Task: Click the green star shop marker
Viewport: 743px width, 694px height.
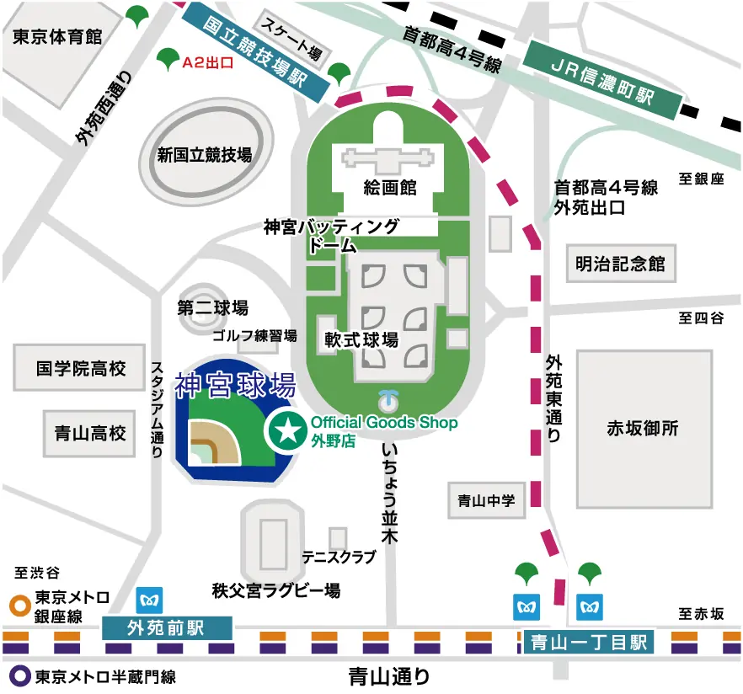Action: pyautogui.click(x=286, y=431)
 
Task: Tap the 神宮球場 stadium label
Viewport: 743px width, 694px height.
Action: pyautogui.click(x=235, y=386)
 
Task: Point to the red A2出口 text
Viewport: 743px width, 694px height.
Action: pyautogui.click(x=208, y=61)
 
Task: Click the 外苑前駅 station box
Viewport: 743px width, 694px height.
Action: pyautogui.click(x=166, y=627)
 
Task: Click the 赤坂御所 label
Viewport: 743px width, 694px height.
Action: pyautogui.click(x=643, y=428)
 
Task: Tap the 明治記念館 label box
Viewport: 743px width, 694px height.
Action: pyautogui.click(x=621, y=264)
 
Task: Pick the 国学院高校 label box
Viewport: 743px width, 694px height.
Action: pyautogui.click(x=81, y=368)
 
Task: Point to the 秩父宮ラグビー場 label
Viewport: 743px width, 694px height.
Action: pyautogui.click(x=276, y=590)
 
